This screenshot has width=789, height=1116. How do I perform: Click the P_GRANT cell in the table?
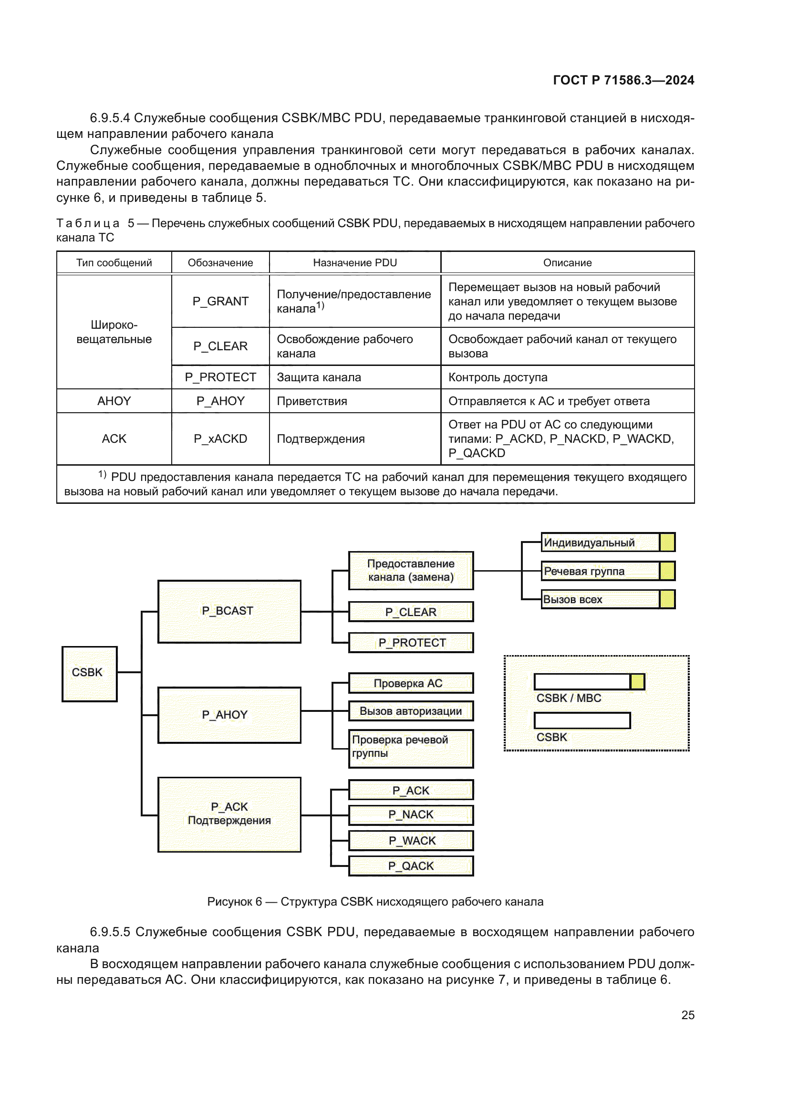[x=220, y=302]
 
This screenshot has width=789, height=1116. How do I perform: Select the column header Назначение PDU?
[x=354, y=263]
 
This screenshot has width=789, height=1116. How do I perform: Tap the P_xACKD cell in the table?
[x=220, y=439]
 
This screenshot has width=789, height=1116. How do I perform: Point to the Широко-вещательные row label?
[x=114, y=332]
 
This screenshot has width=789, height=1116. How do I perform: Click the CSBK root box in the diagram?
[x=89, y=674]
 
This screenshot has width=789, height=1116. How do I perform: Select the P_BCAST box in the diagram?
[x=229, y=611]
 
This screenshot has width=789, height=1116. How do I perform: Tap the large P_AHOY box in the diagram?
[x=229, y=715]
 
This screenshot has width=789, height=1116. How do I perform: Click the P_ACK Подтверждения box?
[x=229, y=814]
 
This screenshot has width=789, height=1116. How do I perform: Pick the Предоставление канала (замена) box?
[x=411, y=570]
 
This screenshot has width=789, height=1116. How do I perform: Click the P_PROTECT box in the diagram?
[x=411, y=643]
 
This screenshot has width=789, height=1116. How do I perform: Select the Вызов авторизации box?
[x=411, y=711]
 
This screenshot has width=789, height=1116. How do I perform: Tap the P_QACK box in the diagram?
[x=411, y=866]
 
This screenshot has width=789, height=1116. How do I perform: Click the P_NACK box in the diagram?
[x=411, y=814]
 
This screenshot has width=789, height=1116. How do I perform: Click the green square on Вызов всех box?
[x=667, y=599]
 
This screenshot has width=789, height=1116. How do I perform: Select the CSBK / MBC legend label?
[x=569, y=698]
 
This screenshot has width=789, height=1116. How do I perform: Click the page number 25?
[x=687, y=1015]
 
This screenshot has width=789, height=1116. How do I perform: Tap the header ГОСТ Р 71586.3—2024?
[x=623, y=80]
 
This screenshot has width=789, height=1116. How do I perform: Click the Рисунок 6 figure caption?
[x=374, y=902]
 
